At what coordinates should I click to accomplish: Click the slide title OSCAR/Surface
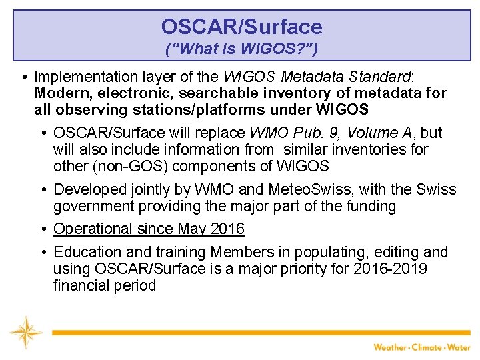(x=241, y=27)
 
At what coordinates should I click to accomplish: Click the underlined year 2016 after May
(x=227, y=229)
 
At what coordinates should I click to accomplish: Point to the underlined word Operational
(x=93, y=229)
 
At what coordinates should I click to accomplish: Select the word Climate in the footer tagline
(x=426, y=347)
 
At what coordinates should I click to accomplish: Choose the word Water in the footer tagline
(x=459, y=347)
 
